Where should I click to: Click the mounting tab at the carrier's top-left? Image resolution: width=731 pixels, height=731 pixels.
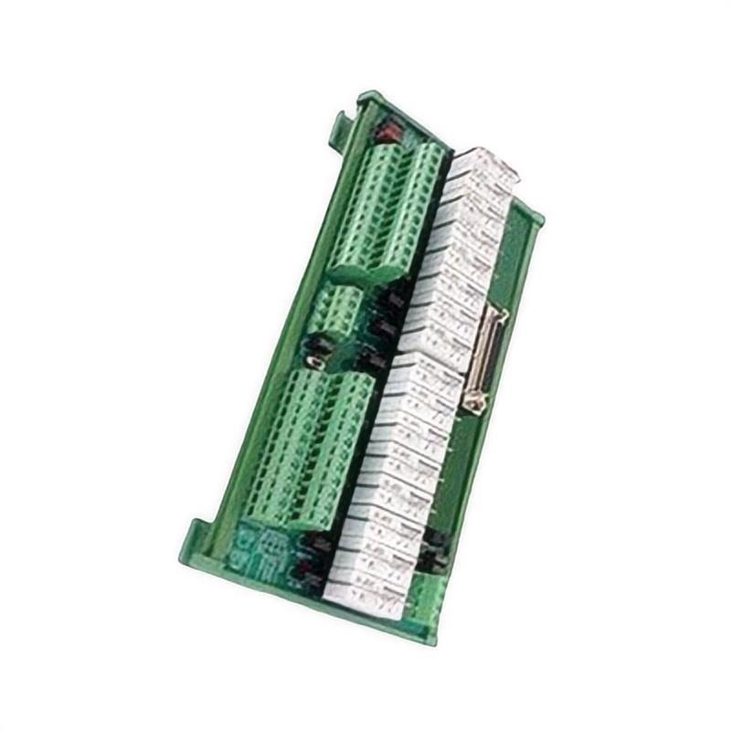(343, 119)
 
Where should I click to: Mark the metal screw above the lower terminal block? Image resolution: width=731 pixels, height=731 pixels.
(314, 362)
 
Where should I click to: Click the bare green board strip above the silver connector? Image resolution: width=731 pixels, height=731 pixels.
(512, 265)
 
